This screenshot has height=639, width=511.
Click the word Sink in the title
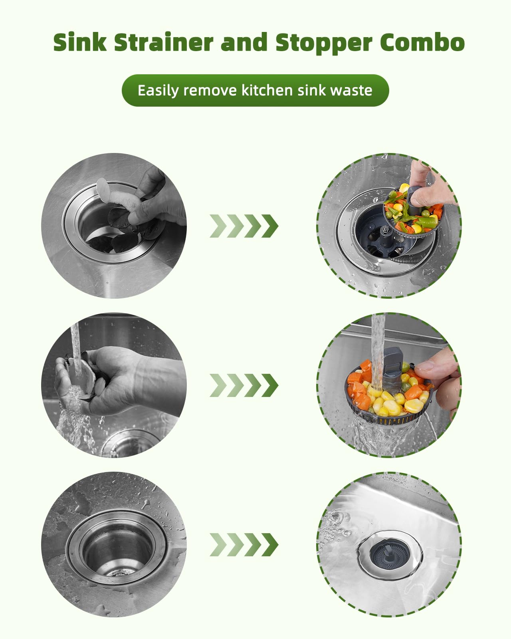[80, 42]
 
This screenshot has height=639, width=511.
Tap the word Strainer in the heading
[164, 42]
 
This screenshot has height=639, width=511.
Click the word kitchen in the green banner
[267, 90]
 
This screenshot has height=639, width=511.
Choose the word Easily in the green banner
[158, 91]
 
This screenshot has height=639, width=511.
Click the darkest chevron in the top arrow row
[270, 226]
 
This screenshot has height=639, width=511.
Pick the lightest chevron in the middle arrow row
[218, 385]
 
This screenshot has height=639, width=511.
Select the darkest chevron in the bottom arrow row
[270, 545]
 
